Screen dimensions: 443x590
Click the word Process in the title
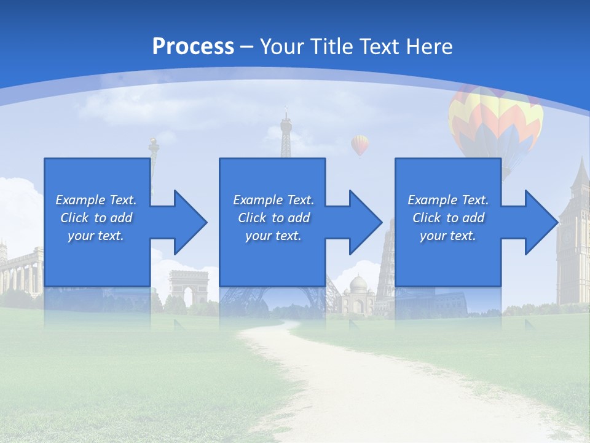193,47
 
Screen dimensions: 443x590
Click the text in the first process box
96,218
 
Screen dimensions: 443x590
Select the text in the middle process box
273,218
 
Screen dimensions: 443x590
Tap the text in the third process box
447,218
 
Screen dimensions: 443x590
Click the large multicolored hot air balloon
495,120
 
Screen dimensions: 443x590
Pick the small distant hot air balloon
360,145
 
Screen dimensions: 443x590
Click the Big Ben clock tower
574,234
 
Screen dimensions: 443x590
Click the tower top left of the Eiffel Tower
153,148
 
